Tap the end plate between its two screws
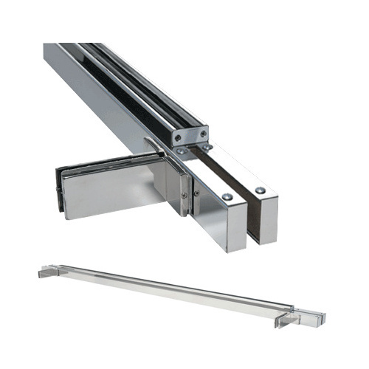[x=190, y=135]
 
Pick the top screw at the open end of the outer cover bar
[x=261, y=190]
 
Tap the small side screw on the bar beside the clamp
[x=196, y=193]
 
